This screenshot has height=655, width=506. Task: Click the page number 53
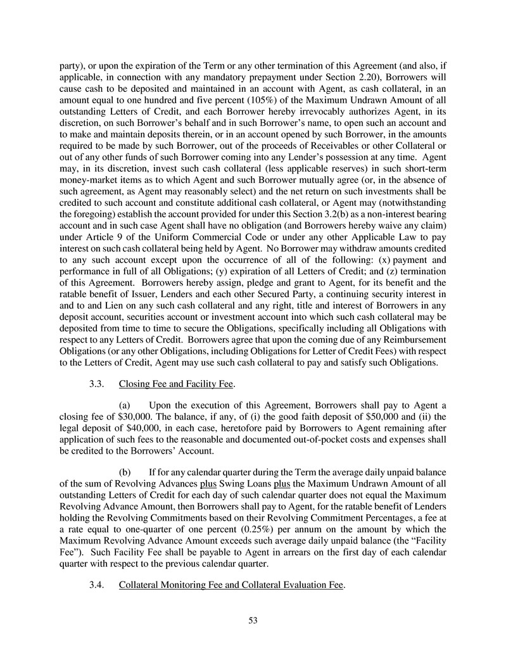coord(253,620)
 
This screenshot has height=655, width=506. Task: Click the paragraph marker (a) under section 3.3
coord(125,405)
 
